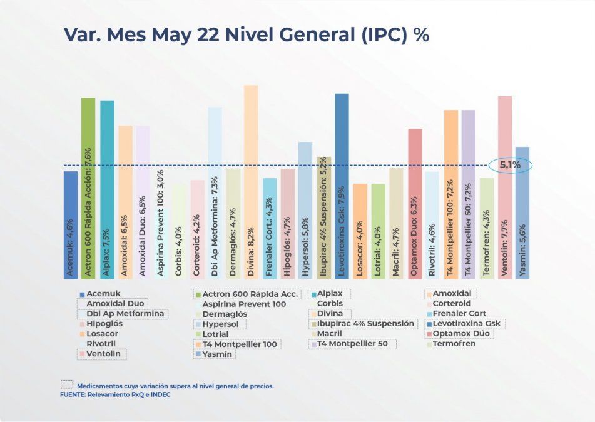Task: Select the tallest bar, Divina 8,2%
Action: [250, 181]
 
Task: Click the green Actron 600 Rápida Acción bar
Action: [88, 188]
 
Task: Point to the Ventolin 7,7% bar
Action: [505, 187]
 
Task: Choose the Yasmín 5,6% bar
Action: [522, 213]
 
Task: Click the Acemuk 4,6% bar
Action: [71, 224]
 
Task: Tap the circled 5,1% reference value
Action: [509, 166]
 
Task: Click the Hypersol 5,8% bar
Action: [305, 210]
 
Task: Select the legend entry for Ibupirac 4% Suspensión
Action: [363, 324]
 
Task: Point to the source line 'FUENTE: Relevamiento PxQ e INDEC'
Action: [115, 395]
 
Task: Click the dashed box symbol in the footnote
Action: [66, 385]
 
